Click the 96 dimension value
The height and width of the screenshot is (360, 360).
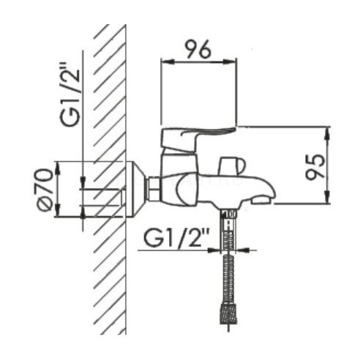(x=198, y=49)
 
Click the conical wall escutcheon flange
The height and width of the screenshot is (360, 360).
(x=135, y=189)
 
